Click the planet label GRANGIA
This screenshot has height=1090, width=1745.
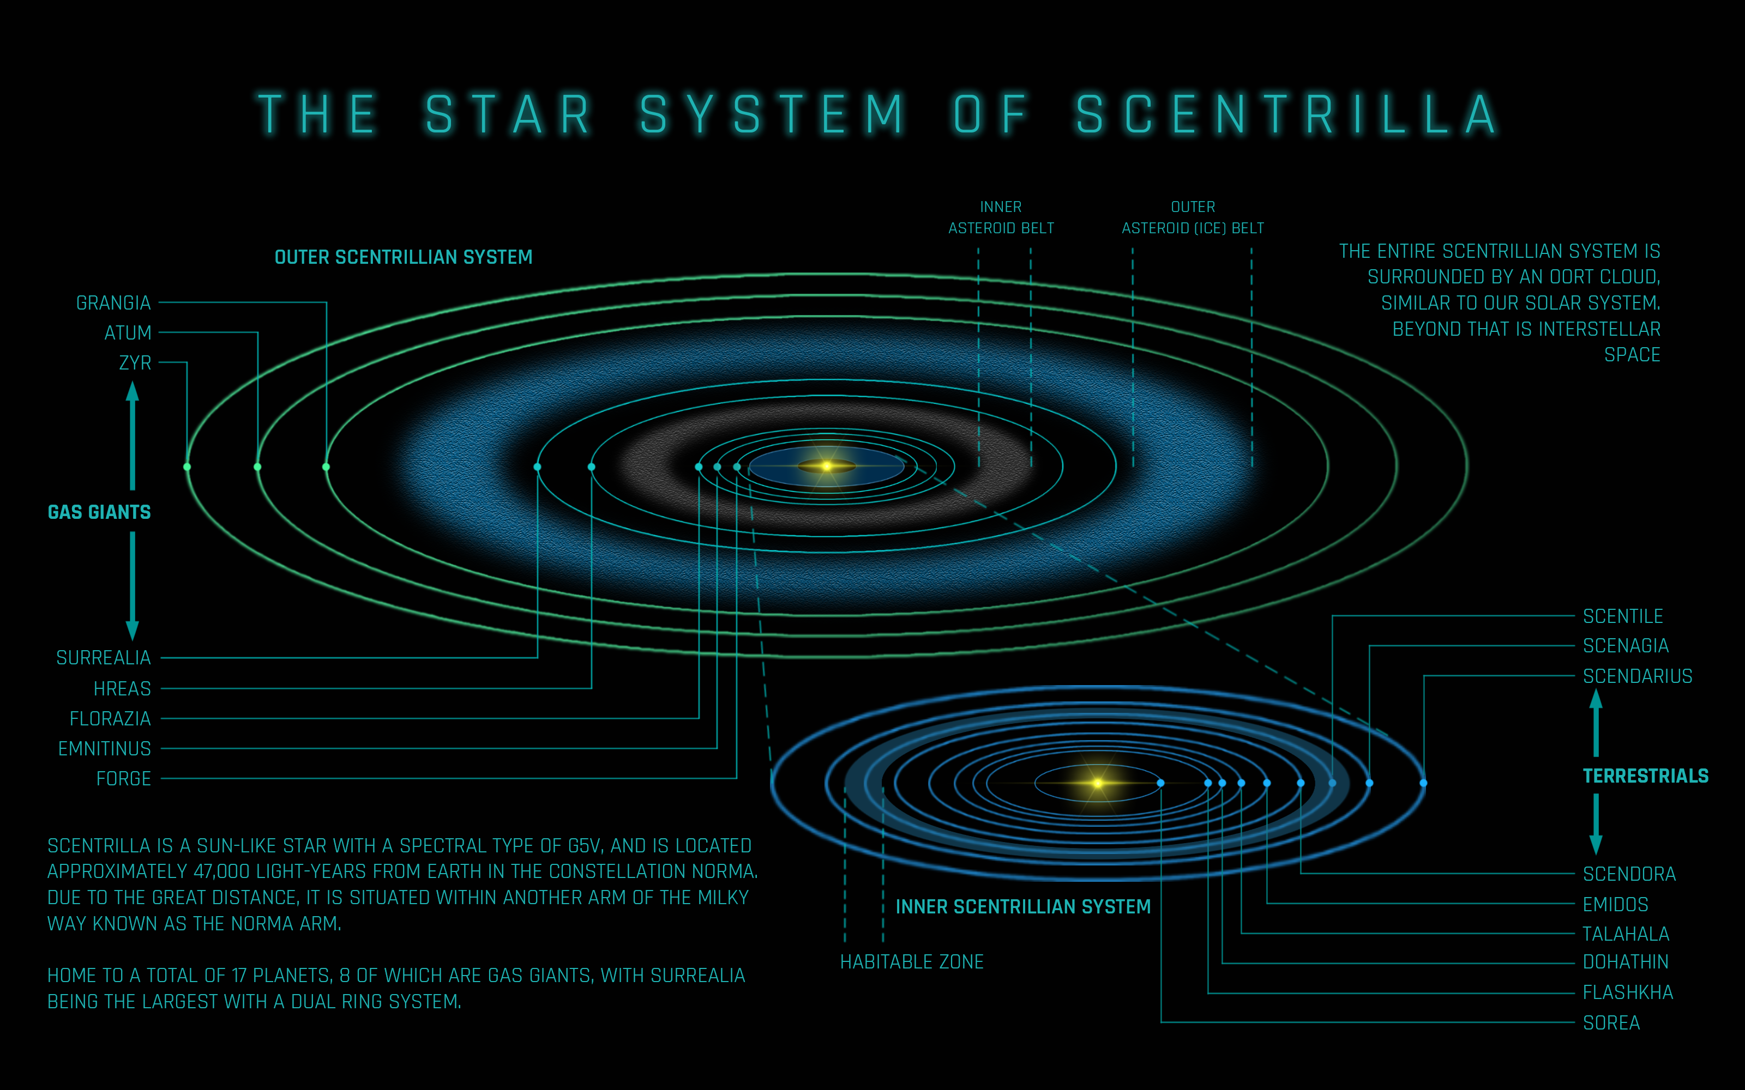tap(113, 303)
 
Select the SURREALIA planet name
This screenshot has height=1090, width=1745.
tap(103, 657)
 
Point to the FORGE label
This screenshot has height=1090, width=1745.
tap(123, 779)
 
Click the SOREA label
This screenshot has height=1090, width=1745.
tap(1611, 1022)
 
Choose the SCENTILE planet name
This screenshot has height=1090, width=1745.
tap(1622, 616)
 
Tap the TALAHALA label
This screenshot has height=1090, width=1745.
tap(1625, 934)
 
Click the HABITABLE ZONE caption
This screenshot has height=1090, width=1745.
tap(911, 962)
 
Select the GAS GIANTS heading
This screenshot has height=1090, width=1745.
tap(99, 512)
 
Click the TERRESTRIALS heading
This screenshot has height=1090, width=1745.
tap(1645, 776)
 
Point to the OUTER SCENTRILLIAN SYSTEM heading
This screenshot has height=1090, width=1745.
tap(403, 257)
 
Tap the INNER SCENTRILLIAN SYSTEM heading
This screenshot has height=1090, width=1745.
tap(1022, 906)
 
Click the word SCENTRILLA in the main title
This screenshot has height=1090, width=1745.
tap(1286, 114)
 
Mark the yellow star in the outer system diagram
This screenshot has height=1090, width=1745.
tap(826, 467)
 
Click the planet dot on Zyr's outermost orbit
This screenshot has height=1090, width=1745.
tap(188, 467)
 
